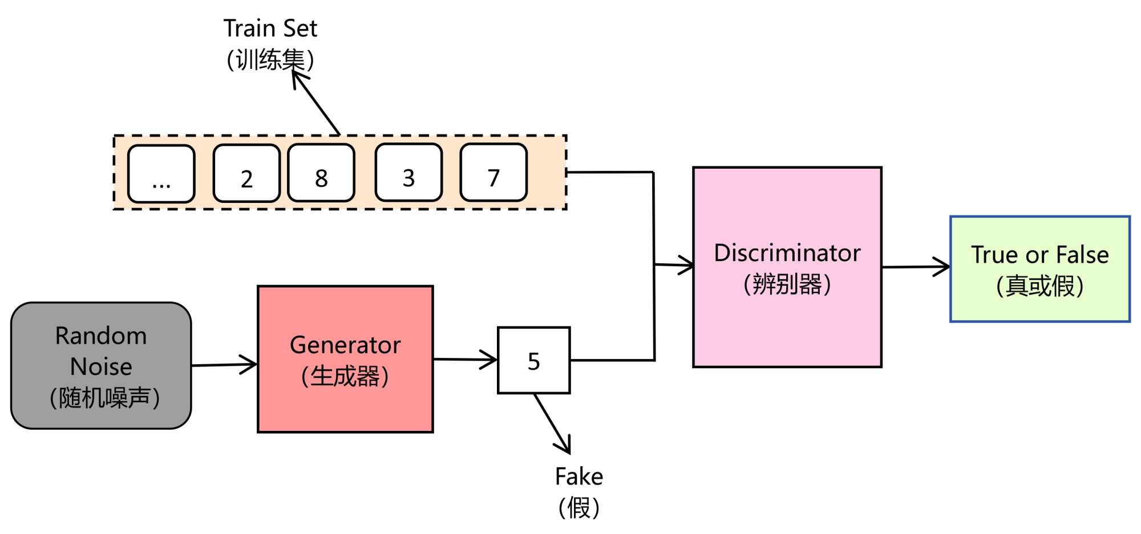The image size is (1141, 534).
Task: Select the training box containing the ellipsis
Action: tap(161, 174)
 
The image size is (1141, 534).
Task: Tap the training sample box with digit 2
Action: tap(246, 173)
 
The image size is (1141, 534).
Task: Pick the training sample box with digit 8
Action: tap(321, 173)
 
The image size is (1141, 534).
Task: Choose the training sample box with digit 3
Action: tap(408, 173)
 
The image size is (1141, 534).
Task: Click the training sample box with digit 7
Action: tap(493, 173)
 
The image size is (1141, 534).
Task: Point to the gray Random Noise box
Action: tap(101, 366)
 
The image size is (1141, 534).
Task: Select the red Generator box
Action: tap(345, 360)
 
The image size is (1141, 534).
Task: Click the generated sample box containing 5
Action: tap(534, 361)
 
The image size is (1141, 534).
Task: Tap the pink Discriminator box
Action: tap(787, 267)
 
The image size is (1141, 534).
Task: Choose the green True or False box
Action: tap(1040, 269)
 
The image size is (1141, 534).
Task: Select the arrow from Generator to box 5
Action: tap(465, 360)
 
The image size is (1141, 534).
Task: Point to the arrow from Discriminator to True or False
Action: tap(916, 267)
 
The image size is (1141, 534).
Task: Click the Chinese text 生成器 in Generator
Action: tap(345, 377)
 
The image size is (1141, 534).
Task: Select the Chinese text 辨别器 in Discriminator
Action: tap(787, 284)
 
